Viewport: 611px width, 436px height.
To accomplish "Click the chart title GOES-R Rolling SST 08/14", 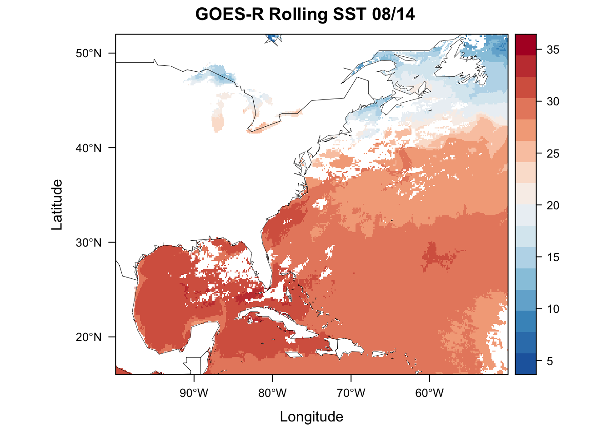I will [305, 15].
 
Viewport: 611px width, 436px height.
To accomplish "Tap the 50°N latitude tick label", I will [89, 54].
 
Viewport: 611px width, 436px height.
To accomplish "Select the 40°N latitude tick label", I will [89, 148].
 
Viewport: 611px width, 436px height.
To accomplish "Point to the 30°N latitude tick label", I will [89, 243].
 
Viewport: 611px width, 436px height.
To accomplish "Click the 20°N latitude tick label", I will [89, 337].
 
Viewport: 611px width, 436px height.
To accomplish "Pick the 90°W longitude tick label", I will [194, 393].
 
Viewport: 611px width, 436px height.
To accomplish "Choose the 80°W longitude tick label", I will [273, 393].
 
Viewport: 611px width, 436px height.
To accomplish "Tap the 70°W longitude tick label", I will [351, 393].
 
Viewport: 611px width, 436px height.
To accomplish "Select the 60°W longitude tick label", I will [430, 393].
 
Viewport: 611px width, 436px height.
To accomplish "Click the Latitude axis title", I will [57, 204].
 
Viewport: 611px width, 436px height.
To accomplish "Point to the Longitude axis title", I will [311, 416].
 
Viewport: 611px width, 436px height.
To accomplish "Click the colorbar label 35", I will [553, 50].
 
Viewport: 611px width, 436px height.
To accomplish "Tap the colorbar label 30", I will [553, 102].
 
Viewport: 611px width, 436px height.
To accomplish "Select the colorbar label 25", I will [553, 154].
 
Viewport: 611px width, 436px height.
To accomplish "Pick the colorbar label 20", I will [553, 206].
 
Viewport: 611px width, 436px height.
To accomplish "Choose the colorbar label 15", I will [553, 258].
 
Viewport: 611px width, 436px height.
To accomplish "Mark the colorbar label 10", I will [553, 309].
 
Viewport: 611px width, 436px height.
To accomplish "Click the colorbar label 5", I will [550, 362].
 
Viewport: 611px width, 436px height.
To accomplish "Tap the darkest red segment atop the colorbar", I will [526, 45].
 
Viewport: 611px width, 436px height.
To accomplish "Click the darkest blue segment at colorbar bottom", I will [526, 364].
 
